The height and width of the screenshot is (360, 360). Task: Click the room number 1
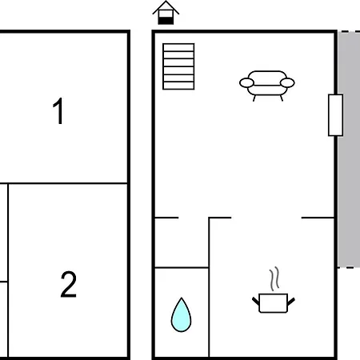tap(58, 110)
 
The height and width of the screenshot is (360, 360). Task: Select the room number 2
tap(69, 284)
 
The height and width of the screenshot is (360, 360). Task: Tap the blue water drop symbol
tap(181, 315)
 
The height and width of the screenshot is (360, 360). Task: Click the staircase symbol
tap(178, 66)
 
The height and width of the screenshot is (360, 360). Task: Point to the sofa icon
tap(267, 86)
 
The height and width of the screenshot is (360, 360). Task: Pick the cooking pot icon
tap(274, 303)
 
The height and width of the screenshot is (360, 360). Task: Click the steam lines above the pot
tap(274, 278)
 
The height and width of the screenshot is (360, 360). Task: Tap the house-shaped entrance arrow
tap(166, 13)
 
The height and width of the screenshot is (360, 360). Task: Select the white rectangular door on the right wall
tap(335, 115)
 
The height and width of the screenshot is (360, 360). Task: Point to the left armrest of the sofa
tap(246, 82)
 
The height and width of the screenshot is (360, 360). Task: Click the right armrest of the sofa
tap(287, 82)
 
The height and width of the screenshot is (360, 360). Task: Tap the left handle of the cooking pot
tap(256, 302)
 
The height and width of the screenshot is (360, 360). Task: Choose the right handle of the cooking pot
tap(291, 302)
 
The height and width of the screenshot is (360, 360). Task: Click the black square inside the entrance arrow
tap(166, 21)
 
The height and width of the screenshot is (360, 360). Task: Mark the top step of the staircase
tap(178, 47)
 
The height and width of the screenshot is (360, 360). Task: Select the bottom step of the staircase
tap(178, 86)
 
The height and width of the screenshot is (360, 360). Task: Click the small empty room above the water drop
tap(182, 242)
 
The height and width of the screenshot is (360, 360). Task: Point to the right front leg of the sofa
tap(282, 98)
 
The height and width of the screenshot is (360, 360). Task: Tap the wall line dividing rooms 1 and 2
tap(63, 183)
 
